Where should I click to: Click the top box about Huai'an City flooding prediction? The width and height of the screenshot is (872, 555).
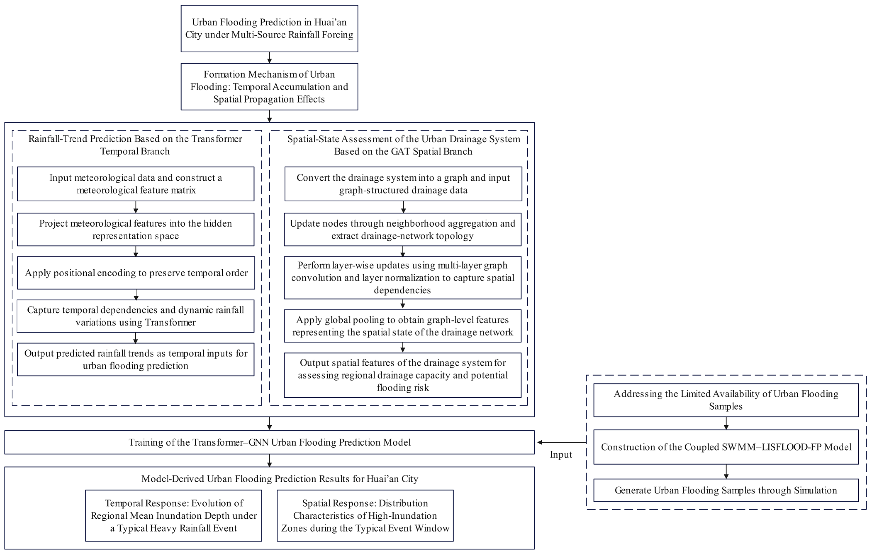coord(269,29)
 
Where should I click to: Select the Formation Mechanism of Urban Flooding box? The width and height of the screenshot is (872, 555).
coord(269,87)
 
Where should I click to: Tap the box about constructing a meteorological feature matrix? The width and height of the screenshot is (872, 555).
coord(136,184)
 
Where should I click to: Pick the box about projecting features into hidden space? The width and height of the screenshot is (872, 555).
coord(136,229)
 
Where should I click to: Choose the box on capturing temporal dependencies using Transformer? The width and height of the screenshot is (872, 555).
coord(135,316)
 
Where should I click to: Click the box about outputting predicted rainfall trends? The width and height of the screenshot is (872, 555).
coord(136,359)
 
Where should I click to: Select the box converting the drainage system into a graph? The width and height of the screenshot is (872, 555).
coord(403,184)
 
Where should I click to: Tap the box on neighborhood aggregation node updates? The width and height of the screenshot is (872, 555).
coord(403,229)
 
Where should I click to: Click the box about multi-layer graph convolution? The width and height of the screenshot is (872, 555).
coord(403,278)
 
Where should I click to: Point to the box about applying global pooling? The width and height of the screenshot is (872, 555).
coord(403,326)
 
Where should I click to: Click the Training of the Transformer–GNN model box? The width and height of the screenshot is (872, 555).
coord(269,442)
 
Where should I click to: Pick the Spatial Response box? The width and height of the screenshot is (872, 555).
coord(365,516)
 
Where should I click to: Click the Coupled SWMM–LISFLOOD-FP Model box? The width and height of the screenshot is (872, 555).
coord(726,447)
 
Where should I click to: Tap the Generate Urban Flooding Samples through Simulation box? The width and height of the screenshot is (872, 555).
coord(726,490)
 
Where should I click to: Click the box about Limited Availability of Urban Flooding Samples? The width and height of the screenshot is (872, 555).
coord(726,400)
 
